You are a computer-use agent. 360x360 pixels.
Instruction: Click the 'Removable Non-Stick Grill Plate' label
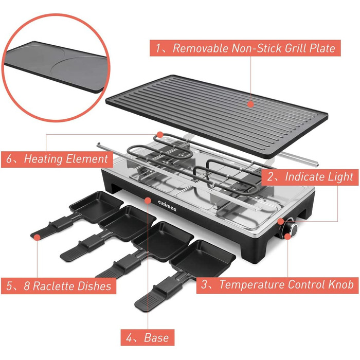tap(245, 48)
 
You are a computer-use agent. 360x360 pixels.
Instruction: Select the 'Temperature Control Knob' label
tap(277, 285)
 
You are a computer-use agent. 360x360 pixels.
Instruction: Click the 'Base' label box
tap(148, 337)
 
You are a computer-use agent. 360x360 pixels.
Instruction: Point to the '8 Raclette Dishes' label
tap(59, 286)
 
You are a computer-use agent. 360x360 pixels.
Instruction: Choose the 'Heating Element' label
tap(57, 159)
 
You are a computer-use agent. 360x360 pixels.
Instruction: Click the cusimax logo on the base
tap(167, 206)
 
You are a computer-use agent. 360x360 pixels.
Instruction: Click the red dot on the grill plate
tap(251, 104)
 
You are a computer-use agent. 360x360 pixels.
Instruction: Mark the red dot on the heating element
tap(160, 135)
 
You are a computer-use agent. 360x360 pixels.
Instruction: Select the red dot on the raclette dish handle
tap(37, 237)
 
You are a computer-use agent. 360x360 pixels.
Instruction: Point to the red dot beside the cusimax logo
tap(148, 201)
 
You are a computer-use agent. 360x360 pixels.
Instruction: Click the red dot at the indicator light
tap(281, 221)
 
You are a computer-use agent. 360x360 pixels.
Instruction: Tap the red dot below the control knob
tap(287, 236)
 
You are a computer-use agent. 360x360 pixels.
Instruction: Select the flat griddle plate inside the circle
tap(55, 65)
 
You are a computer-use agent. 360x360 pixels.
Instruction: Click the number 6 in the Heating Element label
tap(9, 159)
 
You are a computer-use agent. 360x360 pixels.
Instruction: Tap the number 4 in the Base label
tap(129, 338)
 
